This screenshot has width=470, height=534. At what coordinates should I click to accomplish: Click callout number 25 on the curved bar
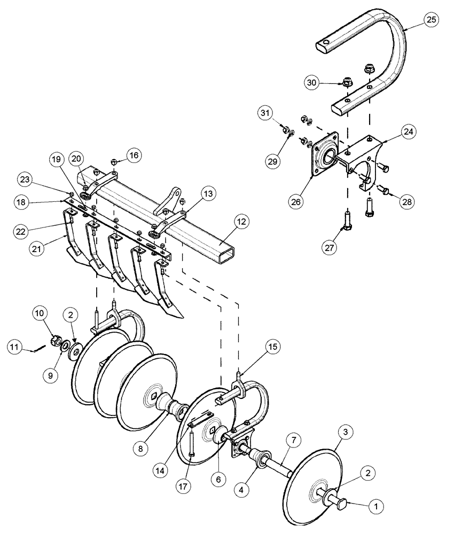[431, 20]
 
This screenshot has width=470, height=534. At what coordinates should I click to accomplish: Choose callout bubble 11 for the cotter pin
[15, 347]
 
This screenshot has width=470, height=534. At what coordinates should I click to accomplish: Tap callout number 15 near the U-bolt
[272, 347]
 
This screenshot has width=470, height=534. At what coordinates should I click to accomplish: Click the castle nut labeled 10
[54, 341]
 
